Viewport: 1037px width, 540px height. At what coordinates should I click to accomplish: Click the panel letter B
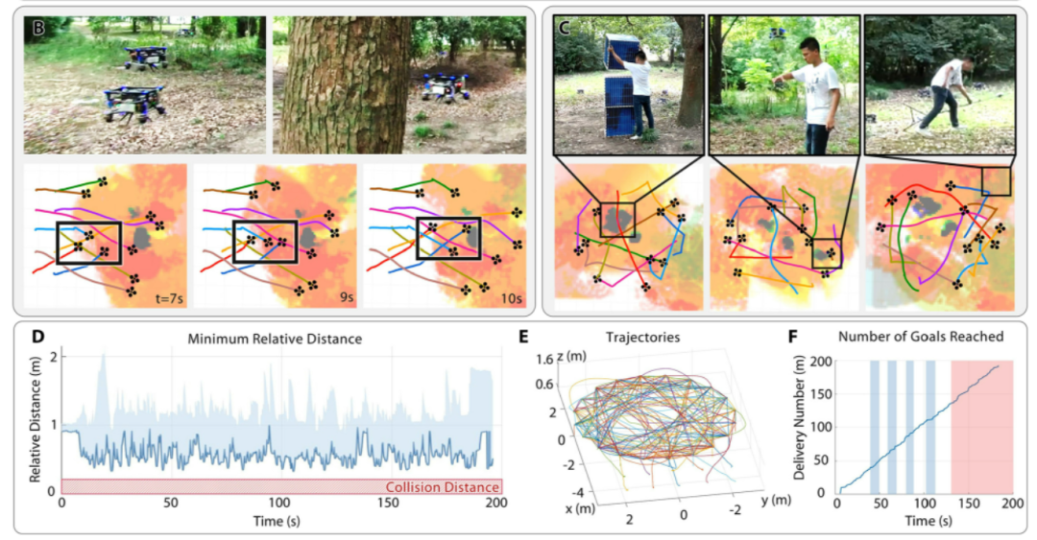[x=38, y=29]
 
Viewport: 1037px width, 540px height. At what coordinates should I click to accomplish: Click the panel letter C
[x=567, y=29]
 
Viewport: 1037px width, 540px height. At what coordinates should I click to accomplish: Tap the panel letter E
[x=522, y=338]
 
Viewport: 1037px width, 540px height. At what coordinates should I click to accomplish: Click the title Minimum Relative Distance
[x=281, y=338]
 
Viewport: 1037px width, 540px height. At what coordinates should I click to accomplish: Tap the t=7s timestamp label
[x=164, y=298]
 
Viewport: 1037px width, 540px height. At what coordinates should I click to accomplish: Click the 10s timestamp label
[x=509, y=298]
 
